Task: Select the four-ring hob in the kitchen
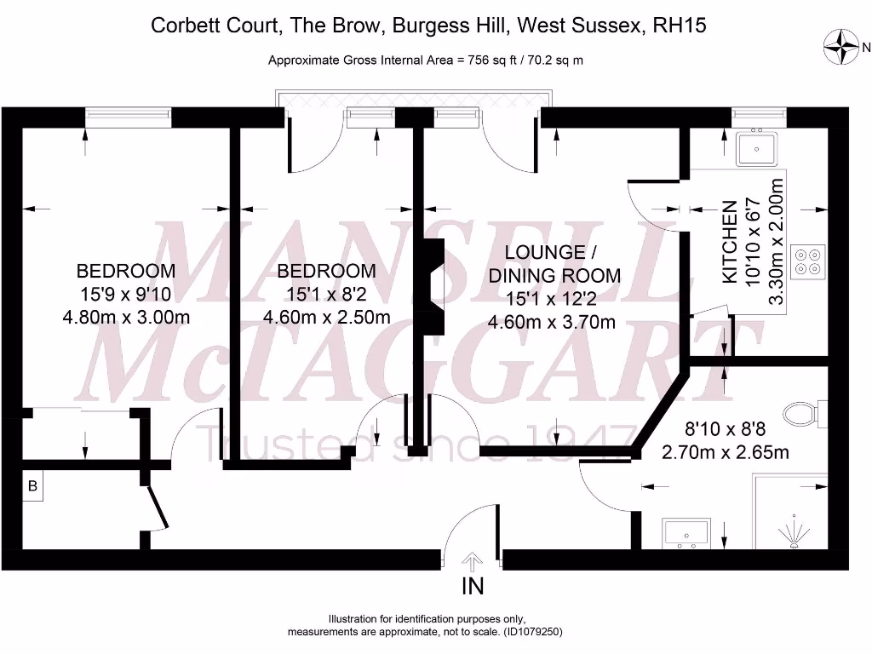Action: (807, 260)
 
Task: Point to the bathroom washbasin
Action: (686, 533)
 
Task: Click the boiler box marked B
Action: (33, 486)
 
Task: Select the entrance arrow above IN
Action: (473, 561)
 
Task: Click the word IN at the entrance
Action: (473, 586)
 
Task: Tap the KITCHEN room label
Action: (730, 242)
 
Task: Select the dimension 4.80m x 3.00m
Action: (126, 318)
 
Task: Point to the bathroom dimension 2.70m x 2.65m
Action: (725, 452)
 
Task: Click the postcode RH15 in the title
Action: (679, 26)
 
